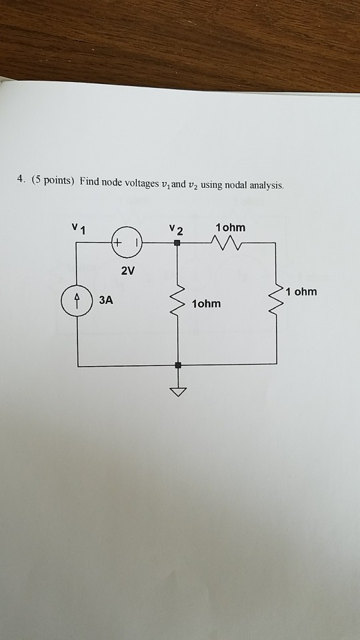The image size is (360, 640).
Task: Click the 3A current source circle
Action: click(x=77, y=301)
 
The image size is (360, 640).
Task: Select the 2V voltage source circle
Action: click(x=127, y=243)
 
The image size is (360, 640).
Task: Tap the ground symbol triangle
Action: click(x=178, y=392)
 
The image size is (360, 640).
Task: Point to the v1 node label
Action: click(x=79, y=229)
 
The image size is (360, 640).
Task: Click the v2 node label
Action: click(x=177, y=229)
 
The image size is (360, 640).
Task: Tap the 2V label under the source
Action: click(x=127, y=271)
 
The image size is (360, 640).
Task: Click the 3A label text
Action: click(x=106, y=301)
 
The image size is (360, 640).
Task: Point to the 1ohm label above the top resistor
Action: click(x=231, y=228)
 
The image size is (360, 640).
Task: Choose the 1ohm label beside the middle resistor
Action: click(x=207, y=304)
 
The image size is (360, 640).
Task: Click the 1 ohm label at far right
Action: click(x=301, y=292)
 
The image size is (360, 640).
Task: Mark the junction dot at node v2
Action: click(x=177, y=243)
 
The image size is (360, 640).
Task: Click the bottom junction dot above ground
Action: click(x=178, y=365)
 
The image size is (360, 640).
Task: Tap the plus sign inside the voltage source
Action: click(x=117, y=243)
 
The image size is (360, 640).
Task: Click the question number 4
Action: click(x=20, y=179)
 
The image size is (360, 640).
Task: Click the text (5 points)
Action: click(x=53, y=180)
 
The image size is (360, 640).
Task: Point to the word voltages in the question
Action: click(x=141, y=185)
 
